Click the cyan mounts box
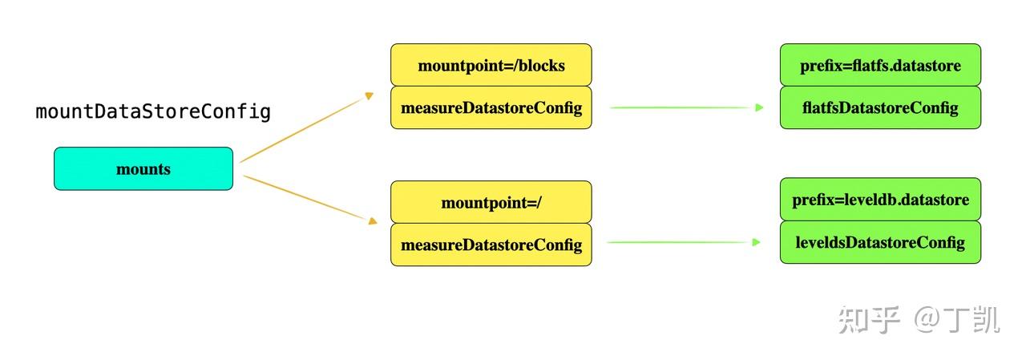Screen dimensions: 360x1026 143,168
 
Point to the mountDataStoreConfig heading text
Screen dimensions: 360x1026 153,111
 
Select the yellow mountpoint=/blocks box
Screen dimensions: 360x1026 491,65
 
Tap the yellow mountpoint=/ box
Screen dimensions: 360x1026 491,202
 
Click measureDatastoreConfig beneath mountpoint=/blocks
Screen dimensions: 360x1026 491,107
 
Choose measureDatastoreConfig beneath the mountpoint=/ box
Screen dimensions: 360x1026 491,245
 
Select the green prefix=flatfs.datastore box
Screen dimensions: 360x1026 880,65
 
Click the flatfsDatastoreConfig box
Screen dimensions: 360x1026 880,107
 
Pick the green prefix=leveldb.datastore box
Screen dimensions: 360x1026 880,200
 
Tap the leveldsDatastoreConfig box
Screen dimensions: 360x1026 880,242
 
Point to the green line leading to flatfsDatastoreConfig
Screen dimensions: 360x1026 681,107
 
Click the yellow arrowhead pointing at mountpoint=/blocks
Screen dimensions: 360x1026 370,96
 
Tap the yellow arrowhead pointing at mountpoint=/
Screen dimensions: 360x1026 372,221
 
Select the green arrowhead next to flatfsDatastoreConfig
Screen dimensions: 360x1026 759,107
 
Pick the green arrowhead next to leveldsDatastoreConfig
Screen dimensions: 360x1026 757,242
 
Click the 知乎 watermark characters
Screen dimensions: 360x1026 870,319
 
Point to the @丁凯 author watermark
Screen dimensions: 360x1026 957,319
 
